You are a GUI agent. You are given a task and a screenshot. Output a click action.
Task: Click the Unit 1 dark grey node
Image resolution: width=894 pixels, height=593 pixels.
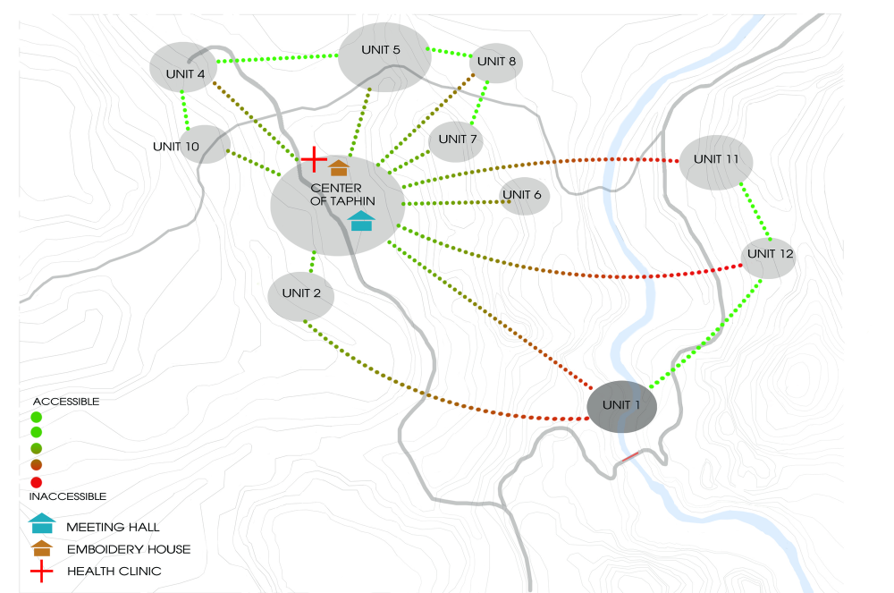(621, 407)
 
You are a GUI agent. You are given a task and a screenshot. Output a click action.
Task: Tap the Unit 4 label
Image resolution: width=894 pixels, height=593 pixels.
(185, 74)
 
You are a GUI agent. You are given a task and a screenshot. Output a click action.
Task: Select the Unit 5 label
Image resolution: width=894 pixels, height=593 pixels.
(381, 50)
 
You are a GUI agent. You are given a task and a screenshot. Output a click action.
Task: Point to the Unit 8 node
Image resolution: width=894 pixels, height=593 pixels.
(496, 63)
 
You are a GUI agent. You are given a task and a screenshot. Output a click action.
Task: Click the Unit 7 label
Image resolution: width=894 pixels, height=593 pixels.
(457, 140)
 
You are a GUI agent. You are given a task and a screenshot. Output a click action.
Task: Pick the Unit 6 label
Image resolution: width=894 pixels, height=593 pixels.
(522, 195)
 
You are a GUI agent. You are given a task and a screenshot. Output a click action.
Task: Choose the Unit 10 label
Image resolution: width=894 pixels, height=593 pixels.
(176, 147)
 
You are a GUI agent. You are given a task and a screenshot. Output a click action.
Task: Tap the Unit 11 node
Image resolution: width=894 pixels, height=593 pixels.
(716, 163)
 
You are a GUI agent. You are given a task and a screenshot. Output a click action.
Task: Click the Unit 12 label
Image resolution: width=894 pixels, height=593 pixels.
(771, 254)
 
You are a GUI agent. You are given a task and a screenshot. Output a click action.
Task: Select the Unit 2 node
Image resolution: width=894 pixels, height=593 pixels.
(301, 297)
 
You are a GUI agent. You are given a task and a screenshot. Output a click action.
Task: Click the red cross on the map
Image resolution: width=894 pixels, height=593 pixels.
(314, 159)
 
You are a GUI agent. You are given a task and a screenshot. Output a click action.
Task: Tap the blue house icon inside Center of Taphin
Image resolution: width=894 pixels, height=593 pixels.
(361, 221)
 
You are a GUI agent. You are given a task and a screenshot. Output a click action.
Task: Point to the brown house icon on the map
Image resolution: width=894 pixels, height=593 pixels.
(339, 167)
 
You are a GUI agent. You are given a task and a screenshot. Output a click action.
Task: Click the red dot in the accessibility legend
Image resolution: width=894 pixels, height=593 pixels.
(37, 482)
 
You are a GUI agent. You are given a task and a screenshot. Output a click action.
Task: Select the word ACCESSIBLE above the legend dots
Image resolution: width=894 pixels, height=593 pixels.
(66, 402)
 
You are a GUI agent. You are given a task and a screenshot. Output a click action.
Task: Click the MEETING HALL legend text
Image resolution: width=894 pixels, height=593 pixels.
(113, 528)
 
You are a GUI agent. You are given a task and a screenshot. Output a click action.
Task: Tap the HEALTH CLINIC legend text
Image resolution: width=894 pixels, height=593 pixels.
(114, 572)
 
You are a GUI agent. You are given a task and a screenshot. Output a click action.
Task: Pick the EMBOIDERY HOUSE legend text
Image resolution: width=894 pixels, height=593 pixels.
(129, 550)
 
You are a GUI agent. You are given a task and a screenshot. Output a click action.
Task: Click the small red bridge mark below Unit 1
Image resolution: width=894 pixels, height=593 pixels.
(630, 457)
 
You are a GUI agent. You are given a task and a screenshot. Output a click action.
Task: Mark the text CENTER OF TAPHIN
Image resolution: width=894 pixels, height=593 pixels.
(342, 194)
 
